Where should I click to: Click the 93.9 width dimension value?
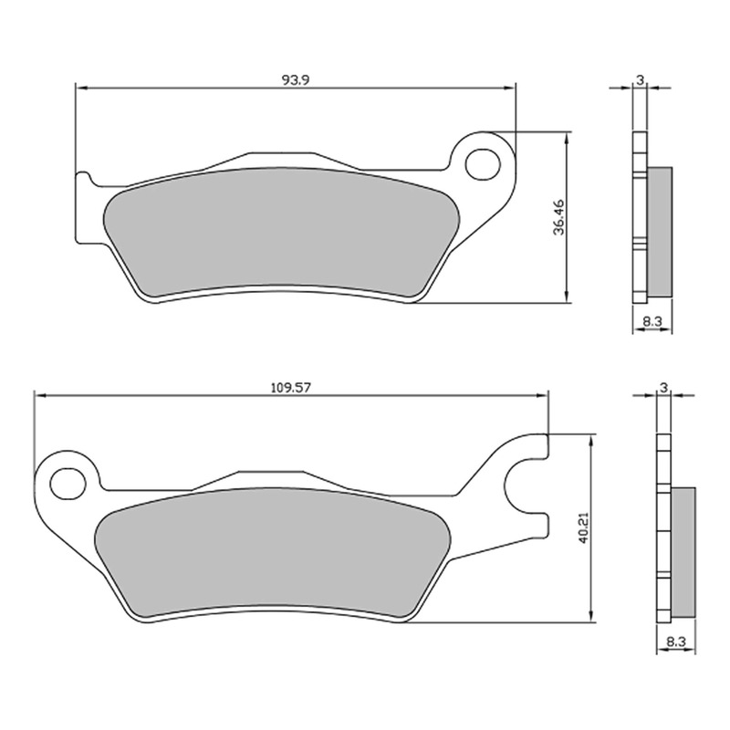(x=295, y=79)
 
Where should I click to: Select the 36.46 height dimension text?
(x=558, y=218)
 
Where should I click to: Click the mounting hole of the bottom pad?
(x=65, y=480)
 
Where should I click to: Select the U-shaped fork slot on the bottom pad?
(x=525, y=489)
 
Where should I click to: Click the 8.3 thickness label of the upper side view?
(x=652, y=320)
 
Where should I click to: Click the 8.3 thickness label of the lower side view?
(x=676, y=641)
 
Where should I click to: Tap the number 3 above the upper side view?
(x=641, y=80)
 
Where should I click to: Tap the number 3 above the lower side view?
(x=664, y=387)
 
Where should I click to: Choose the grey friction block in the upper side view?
(x=660, y=234)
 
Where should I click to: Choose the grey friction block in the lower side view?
(x=683, y=551)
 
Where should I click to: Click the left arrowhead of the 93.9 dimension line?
(x=78, y=89)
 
